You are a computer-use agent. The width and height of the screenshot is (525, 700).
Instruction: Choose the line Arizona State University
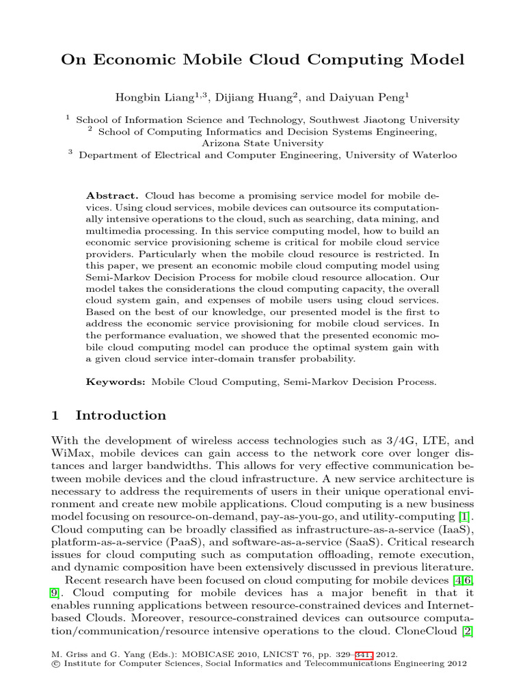262,143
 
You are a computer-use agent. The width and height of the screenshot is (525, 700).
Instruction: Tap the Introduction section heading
120,416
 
